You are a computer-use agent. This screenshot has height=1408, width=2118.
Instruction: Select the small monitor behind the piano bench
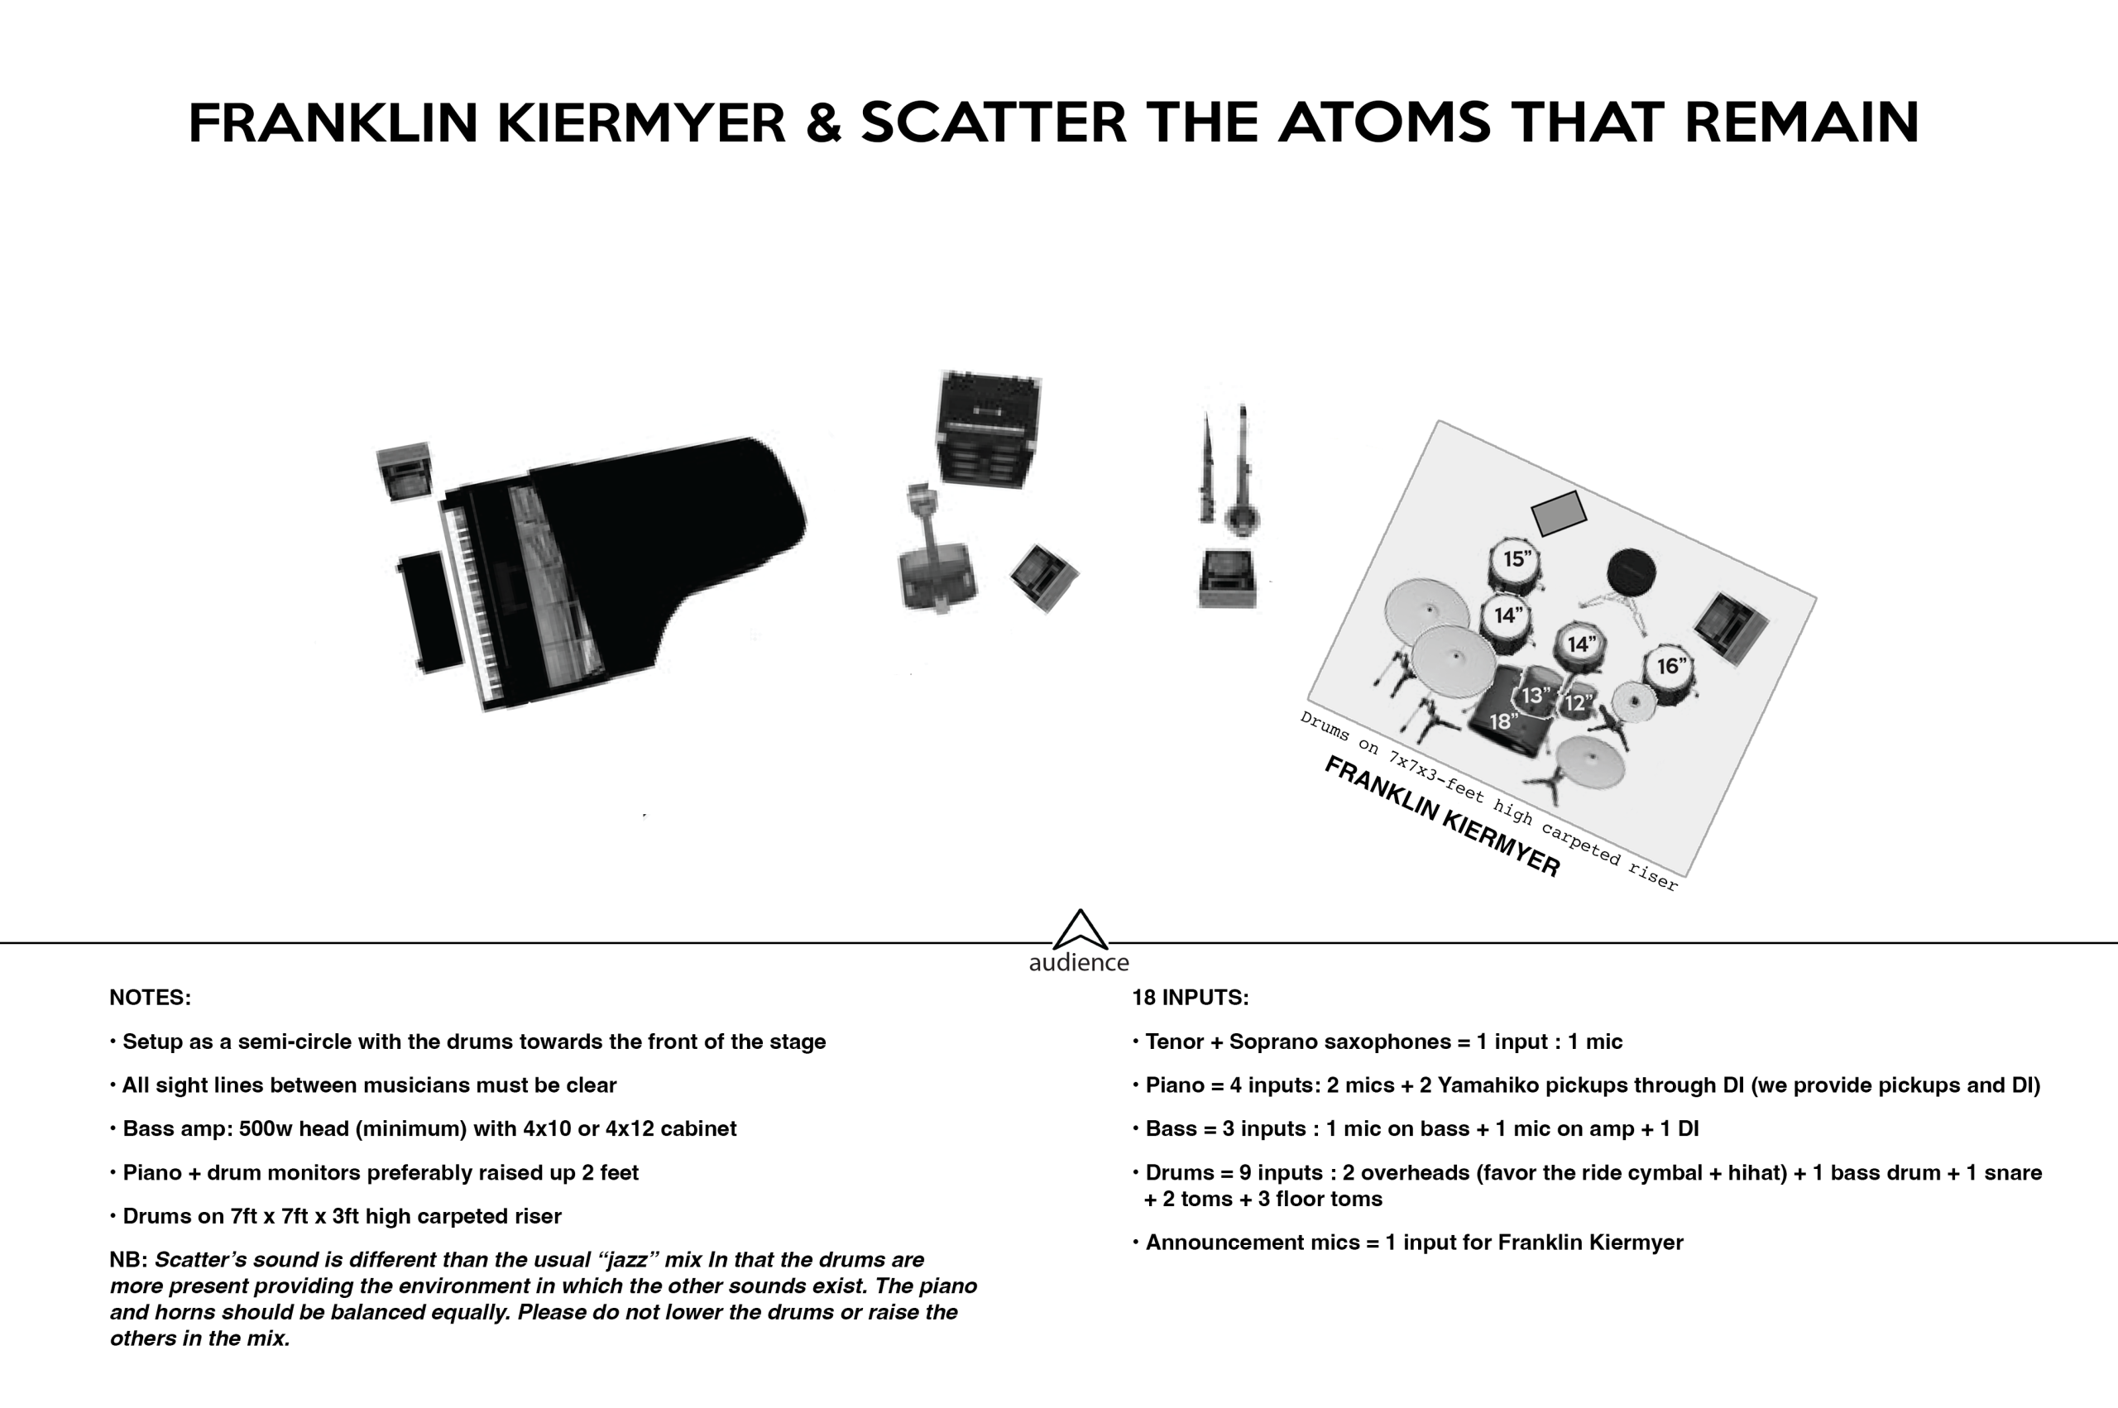pos(404,470)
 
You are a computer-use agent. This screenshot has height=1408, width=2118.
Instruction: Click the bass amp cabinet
pos(988,429)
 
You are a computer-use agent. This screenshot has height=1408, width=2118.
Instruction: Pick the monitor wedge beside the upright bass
pos(1043,577)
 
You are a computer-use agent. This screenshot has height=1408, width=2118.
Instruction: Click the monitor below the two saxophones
pos(1227,579)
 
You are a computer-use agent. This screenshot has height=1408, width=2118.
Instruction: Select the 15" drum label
pos(1517,558)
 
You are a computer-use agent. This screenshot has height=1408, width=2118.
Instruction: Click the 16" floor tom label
pos(1670,666)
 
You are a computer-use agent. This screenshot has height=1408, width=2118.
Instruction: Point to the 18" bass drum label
pos(1504,721)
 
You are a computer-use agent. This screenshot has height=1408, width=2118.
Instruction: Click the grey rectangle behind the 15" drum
pos(1558,513)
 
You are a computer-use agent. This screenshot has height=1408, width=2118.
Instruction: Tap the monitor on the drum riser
pos(1730,628)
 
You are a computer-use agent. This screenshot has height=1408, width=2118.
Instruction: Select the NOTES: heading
pos(150,998)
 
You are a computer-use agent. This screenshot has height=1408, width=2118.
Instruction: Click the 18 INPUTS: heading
pos(1191,998)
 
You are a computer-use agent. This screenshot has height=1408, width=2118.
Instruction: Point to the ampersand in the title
pos(822,123)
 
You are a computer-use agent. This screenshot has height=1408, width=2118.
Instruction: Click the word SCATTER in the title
pos(993,123)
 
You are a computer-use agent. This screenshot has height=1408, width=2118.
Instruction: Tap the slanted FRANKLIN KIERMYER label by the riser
pos(1442,816)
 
